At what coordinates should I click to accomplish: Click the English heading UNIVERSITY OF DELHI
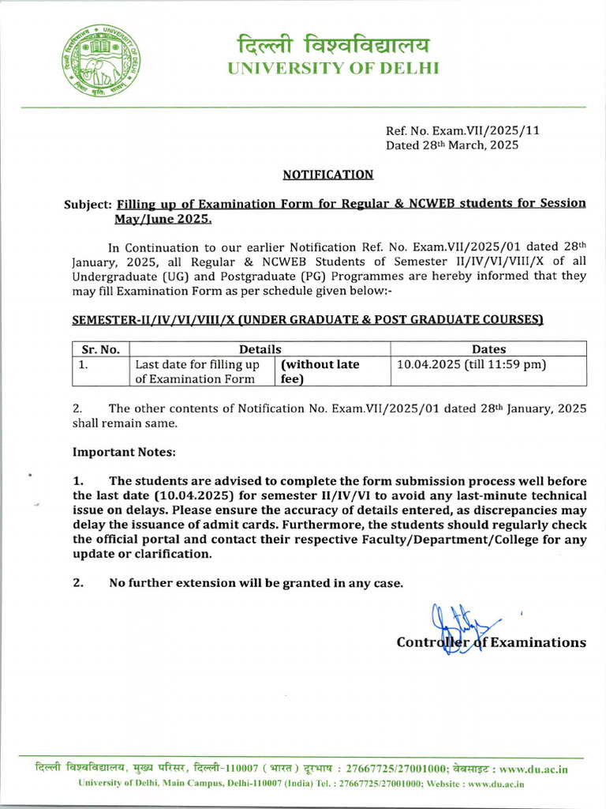click(332, 68)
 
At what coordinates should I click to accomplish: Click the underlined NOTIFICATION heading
click(328, 174)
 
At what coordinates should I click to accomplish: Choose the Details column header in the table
click(260, 348)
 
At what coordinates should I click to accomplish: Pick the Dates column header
click(488, 348)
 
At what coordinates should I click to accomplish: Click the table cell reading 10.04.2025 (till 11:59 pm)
click(471, 364)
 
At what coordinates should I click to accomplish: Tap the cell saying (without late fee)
click(320, 371)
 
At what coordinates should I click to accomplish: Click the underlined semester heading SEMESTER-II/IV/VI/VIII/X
click(308, 319)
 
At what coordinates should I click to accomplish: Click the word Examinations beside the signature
click(538, 642)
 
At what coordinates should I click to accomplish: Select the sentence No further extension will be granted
click(256, 583)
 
